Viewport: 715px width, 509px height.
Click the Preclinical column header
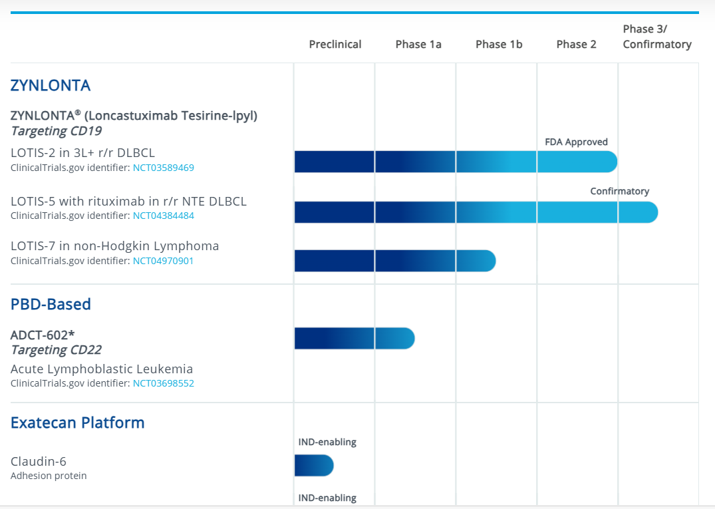point(335,45)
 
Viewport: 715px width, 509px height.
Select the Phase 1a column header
point(418,45)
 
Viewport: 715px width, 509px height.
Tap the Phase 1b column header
point(499,45)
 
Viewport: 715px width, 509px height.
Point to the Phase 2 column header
point(576,45)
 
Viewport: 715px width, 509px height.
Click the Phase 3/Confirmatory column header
point(657,37)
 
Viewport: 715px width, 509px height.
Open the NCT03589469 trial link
point(164,168)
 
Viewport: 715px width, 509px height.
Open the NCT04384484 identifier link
point(164,216)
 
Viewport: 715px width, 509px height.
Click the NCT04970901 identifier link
point(164,261)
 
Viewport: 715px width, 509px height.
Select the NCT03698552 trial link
point(164,383)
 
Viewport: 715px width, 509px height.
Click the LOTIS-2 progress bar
point(456,162)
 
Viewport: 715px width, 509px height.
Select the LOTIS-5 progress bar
point(476,212)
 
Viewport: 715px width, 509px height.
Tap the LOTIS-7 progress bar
point(395,261)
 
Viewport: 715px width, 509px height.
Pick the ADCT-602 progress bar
point(354,339)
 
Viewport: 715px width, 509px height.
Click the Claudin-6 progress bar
point(314,466)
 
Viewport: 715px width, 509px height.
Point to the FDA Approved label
point(576,142)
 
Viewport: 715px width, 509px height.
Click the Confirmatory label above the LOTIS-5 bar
point(619,192)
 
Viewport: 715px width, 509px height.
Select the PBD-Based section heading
point(51,304)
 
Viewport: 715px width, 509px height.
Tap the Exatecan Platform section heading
point(77,423)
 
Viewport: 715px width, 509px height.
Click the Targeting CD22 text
point(56,350)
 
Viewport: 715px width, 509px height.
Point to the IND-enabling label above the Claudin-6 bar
point(327,442)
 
